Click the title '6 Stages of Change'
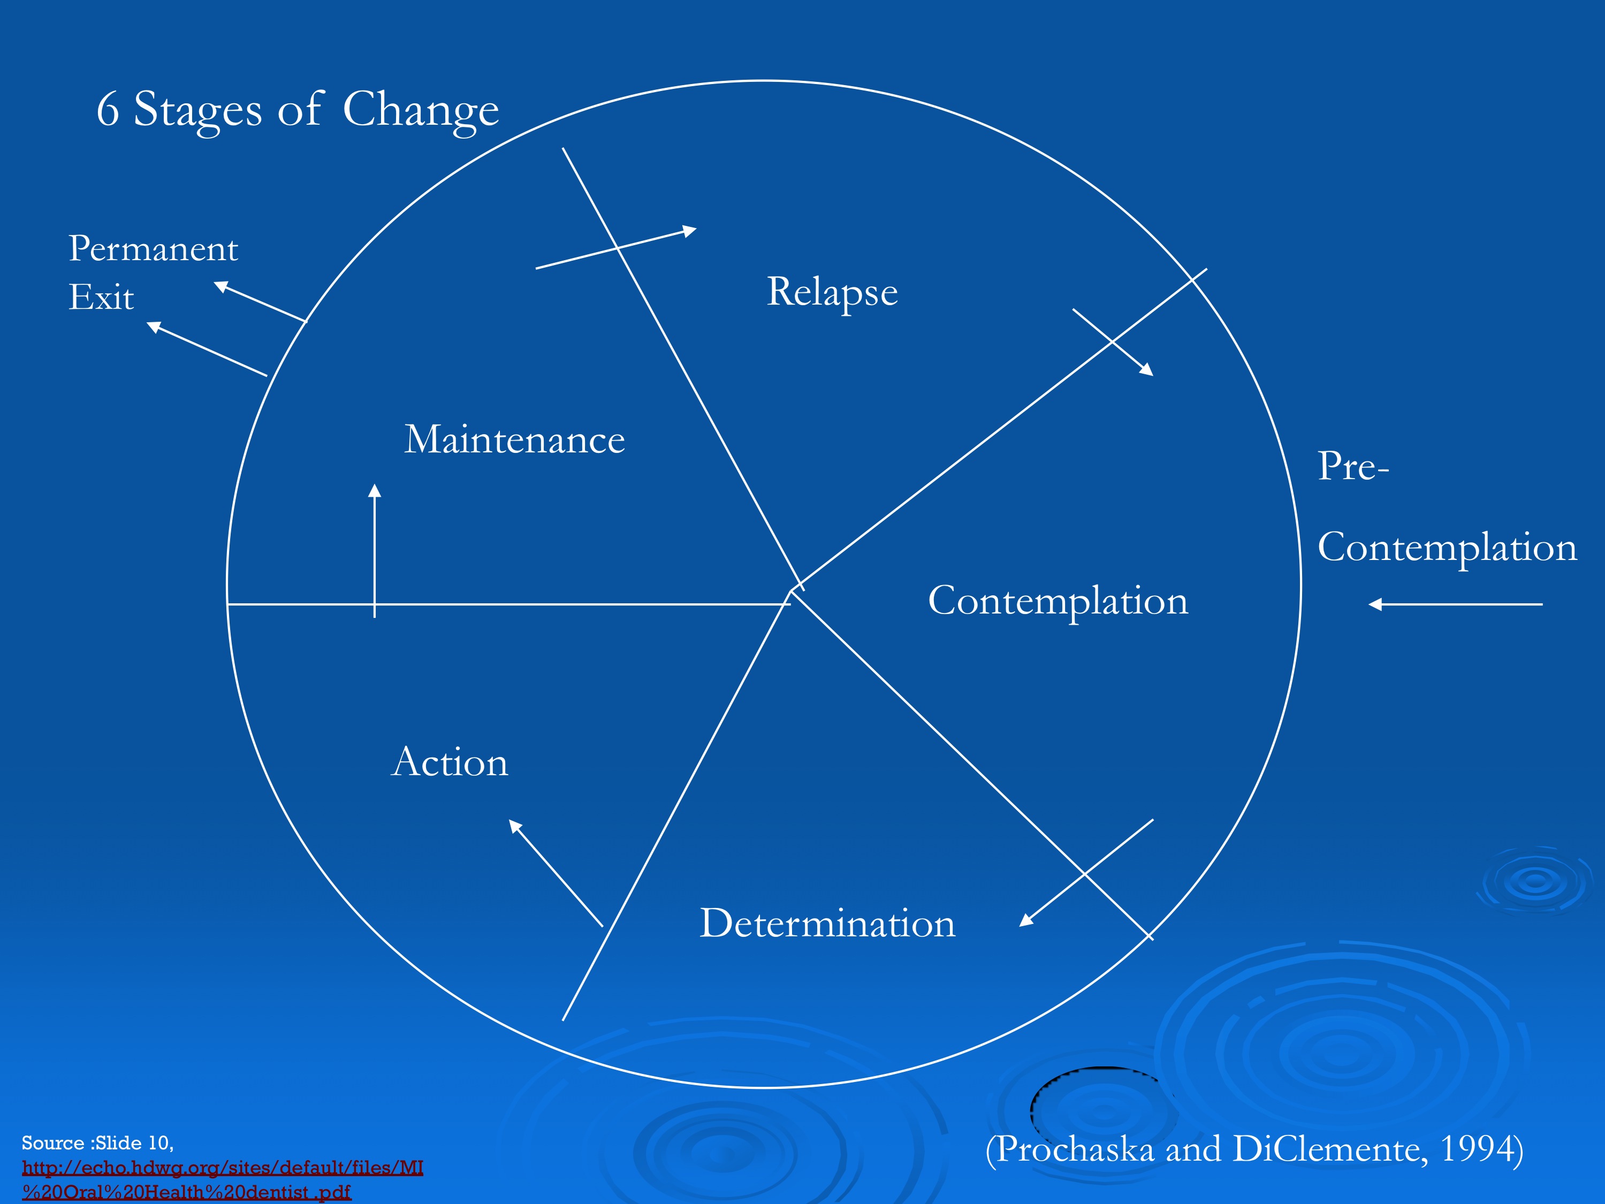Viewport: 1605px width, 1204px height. [298, 110]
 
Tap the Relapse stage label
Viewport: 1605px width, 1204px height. [832, 292]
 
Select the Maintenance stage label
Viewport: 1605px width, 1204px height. [514, 440]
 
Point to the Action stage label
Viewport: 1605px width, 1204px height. [450, 762]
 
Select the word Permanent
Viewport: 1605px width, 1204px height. [153, 249]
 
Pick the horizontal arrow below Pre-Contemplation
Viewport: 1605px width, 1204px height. [1455, 604]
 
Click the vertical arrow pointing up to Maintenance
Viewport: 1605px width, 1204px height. [375, 551]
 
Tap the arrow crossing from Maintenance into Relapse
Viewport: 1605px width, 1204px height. [616, 248]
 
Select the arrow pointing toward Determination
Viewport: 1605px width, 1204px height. [1086, 873]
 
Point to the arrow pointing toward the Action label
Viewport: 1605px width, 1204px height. [556, 873]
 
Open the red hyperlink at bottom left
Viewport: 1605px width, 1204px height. [222, 1179]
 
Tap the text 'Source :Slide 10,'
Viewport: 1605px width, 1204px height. [98, 1143]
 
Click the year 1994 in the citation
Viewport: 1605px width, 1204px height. [1476, 1149]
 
